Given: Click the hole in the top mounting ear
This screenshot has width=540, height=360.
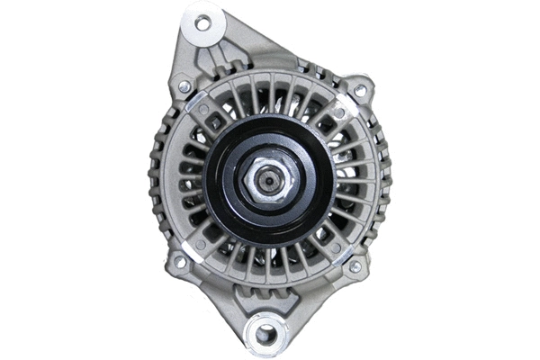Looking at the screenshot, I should click(202, 22).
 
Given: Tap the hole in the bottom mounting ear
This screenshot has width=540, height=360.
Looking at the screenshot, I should click(265, 334).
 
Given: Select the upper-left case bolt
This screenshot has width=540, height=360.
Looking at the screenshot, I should click(184, 86).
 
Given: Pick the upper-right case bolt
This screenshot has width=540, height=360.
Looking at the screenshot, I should click(361, 90).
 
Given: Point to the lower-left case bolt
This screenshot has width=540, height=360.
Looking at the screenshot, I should click(179, 263).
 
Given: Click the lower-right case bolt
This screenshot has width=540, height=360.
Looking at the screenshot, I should click(355, 266).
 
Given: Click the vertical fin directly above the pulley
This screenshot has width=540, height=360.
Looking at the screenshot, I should click(269, 94).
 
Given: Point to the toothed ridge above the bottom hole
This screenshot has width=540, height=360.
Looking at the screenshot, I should click(266, 302).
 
